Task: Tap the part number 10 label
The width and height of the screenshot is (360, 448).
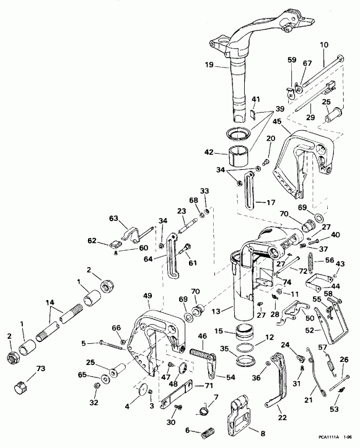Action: (325, 46)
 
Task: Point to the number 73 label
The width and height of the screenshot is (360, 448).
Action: (41, 369)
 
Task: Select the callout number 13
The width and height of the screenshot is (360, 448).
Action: (216, 310)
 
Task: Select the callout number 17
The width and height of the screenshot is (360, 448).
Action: (268, 202)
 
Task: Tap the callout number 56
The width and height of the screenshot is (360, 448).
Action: (329, 261)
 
